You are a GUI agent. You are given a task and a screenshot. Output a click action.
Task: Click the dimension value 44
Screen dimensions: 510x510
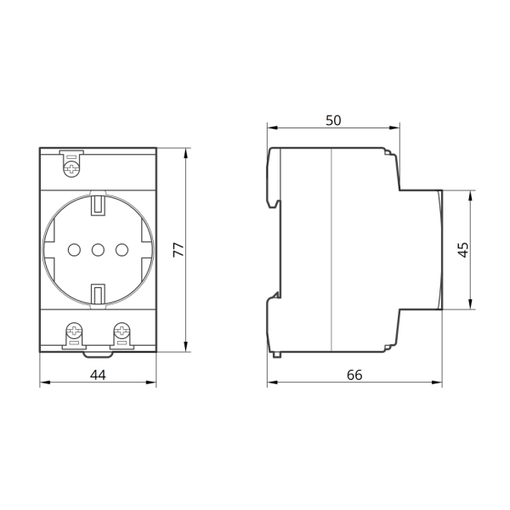pos(98,375)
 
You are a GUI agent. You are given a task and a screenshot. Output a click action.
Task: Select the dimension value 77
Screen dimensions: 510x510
pos(178,249)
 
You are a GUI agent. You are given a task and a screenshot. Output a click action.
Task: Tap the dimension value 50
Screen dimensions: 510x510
pos(333,121)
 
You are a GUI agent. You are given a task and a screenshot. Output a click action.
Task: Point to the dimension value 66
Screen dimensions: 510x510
pos(354,375)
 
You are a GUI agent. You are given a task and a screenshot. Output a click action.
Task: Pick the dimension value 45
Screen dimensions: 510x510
pos(463,249)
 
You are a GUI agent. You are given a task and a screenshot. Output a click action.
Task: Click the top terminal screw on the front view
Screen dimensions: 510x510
pos(72,169)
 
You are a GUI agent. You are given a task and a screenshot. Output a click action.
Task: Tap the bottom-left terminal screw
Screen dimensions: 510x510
pos(74,331)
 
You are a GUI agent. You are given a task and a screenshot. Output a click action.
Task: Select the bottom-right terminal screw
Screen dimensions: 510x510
pos(122,331)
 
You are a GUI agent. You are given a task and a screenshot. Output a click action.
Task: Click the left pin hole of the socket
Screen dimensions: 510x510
pos(74,250)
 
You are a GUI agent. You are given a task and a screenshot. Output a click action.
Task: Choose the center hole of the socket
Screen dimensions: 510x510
pos(98,250)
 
